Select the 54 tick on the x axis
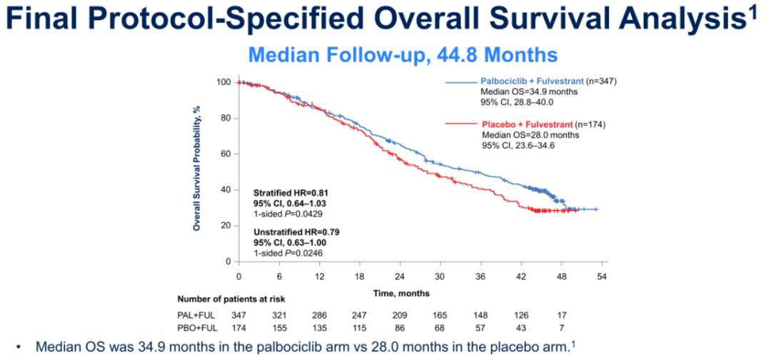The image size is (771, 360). click(603, 276)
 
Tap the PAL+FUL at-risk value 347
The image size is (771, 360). click(238, 315)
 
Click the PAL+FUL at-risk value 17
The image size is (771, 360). click(563, 315)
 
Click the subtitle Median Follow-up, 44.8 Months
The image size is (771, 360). click(401, 54)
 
